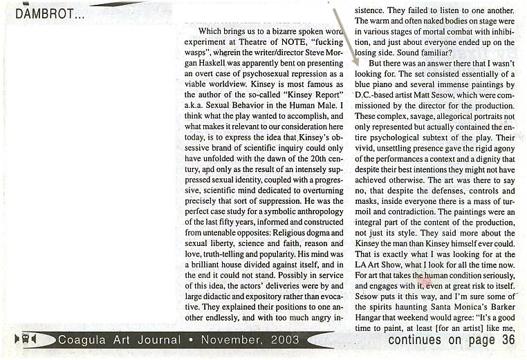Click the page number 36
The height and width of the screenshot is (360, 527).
click(x=508, y=339)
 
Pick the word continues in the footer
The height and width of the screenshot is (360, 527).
click(x=415, y=339)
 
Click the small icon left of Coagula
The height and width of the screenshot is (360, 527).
click(x=26, y=339)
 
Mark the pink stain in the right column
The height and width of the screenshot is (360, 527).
click(x=425, y=281)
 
